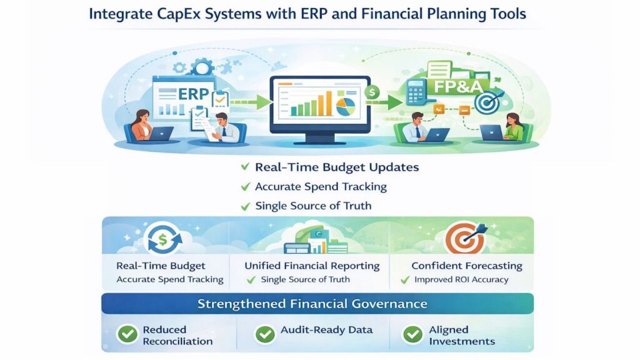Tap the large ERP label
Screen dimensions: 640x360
point(194,94)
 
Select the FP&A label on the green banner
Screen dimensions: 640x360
point(458,86)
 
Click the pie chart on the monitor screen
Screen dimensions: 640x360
point(346,106)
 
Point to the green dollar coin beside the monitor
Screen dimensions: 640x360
point(372,92)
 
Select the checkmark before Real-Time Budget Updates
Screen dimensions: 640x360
point(245,166)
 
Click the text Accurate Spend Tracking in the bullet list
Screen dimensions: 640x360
point(321,186)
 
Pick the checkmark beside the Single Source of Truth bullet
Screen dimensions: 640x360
point(245,206)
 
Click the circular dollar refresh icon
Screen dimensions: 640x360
point(163,239)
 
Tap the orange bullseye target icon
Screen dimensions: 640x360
point(464,238)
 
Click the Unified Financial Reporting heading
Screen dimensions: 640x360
point(312,266)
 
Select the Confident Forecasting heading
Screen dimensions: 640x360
point(466,266)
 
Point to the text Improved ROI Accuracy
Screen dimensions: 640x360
point(461,279)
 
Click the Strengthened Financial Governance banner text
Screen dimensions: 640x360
point(312,304)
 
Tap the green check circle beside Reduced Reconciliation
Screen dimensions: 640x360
point(127,334)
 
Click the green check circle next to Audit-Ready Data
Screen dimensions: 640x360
point(265,334)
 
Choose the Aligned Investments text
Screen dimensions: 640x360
point(462,335)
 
